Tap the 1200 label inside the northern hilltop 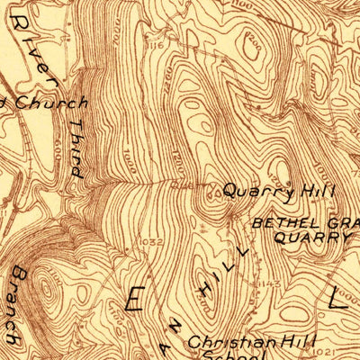(x=255, y=42)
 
